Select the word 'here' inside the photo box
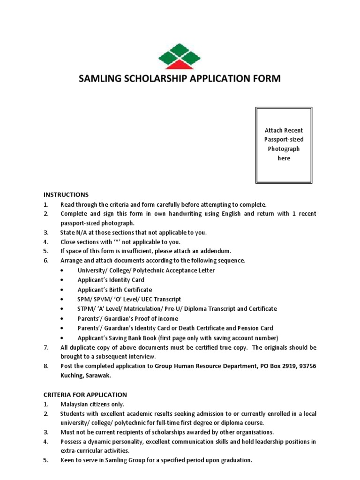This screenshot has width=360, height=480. [x=284, y=158]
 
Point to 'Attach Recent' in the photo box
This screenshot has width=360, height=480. [x=284, y=130]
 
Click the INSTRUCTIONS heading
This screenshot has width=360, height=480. [x=66, y=195]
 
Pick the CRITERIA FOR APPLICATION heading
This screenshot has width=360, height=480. [x=85, y=395]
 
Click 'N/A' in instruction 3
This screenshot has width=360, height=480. [x=84, y=232]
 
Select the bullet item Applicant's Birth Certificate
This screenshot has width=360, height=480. [x=114, y=290]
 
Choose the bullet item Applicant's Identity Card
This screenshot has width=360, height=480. [x=111, y=280]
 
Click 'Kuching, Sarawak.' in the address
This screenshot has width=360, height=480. [x=86, y=375]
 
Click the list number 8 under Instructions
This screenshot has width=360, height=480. [x=46, y=366]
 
